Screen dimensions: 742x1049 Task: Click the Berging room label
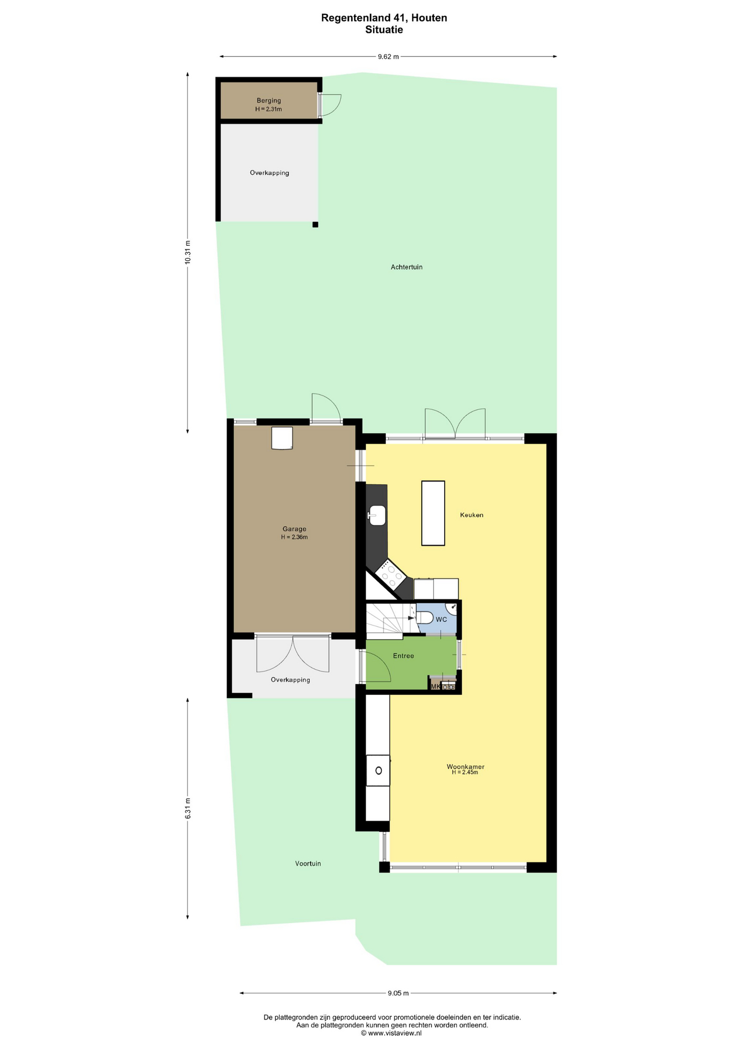(x=269, y=101)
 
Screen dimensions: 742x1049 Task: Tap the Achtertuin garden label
(x=407, y=267)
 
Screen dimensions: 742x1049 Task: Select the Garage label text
(x=295, y=529)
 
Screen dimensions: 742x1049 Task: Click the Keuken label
(x=472, y=515)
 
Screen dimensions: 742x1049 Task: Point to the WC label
(x=441, y=620)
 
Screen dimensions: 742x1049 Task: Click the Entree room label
(x=404, y=656)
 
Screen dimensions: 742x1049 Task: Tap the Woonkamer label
(x=466, y=767)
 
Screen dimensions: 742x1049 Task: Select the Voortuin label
(x=308, y=864)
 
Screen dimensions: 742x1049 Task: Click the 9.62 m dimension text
(x=388, y=56)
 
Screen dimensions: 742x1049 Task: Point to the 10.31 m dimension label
(x=187, y=252)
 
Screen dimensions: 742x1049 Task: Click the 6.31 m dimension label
(x=187, y=808)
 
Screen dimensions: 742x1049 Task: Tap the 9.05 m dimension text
(x=398, y=993)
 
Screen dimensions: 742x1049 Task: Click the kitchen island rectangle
(x=433, y=513)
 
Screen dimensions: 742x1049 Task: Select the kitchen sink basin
(x=378, y=515)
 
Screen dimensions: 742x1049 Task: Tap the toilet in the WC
(x=425, y=618)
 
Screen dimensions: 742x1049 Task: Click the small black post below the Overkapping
(x=315, y=225)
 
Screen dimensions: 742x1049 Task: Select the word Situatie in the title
(x=384, y=30)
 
